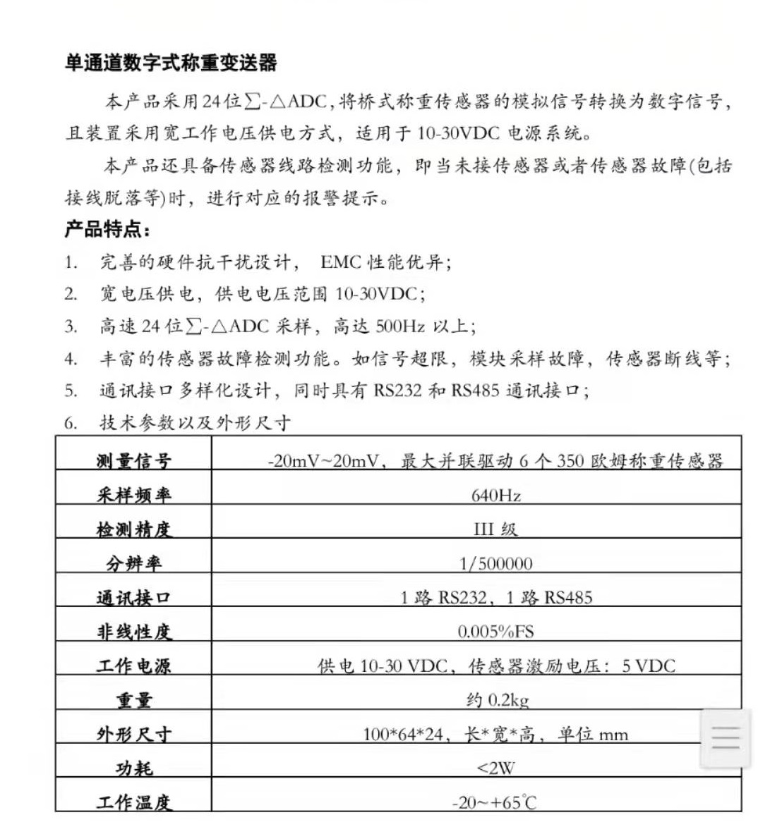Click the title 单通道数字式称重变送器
[171, 63]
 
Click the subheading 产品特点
[107, 230]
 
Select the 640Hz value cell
[496, 496]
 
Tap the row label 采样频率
[134, 496]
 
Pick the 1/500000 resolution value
[496, 564]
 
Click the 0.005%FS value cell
[496, 632]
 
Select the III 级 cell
[495, 529]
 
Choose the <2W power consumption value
[495, 768]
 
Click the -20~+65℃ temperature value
[495, 802]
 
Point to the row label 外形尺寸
[134, 735]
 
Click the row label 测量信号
[134, 462]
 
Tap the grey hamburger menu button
[725, 738]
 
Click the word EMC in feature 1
[340, 263]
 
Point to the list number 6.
[71, 424]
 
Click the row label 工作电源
[134, 666]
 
